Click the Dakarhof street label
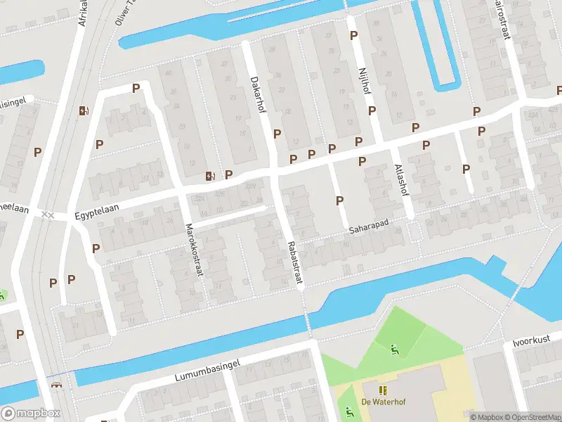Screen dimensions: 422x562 point(258,91)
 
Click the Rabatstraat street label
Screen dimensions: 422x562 point(294,264)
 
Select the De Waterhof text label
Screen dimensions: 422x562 point(383,402)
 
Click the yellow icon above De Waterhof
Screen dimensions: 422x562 point(383,390)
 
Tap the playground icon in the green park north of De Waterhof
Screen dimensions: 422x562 point(394,347)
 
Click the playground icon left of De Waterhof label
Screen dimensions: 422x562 point(347,411)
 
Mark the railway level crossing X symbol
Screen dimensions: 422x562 point(47,214)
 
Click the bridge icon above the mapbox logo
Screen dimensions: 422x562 point(55,386)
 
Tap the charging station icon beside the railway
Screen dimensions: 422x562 point(84,110)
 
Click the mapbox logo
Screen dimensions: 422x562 point(31,414)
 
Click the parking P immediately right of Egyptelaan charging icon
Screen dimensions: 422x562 point(228,174)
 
